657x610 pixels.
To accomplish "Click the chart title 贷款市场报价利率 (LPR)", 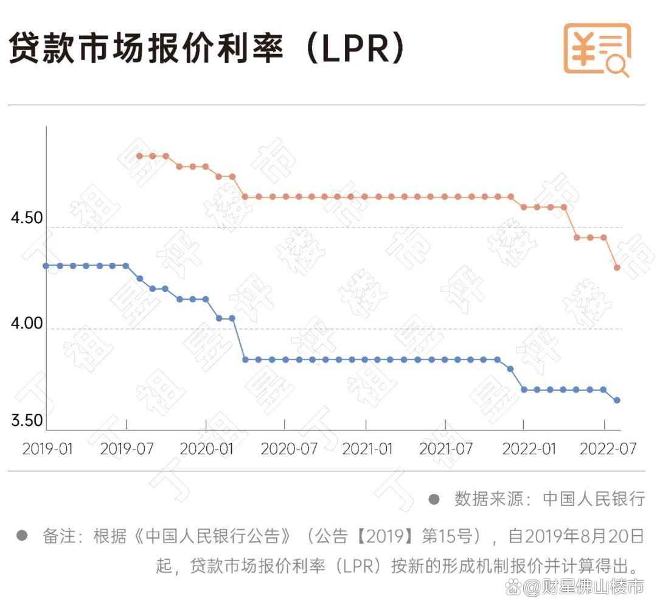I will [207, 49].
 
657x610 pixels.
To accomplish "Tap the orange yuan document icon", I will [596, 49].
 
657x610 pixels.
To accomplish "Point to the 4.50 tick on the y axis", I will [27, 218].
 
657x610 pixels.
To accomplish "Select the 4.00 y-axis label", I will [27, 323].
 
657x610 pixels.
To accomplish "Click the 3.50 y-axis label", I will [27, 420].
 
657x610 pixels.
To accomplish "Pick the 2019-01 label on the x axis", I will [47, 449].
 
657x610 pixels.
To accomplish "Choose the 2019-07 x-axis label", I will [127, 449].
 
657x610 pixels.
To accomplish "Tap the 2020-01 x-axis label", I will [206, 449].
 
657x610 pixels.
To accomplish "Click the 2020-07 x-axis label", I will [289, 449].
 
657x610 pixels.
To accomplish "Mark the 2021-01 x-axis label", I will [367, 449].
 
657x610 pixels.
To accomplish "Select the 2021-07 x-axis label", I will [447, 449].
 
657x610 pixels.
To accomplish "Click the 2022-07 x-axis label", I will [607, 449].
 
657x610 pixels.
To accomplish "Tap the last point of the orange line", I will [617, 268].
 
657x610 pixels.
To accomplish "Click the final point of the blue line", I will [617, 400].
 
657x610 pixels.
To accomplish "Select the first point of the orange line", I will [139, 156].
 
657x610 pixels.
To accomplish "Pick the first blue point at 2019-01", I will [47, 266].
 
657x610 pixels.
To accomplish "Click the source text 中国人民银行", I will [594, 499].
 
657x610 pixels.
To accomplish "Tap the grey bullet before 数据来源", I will [434, 499].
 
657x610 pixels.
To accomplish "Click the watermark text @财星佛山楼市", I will [583, 587].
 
